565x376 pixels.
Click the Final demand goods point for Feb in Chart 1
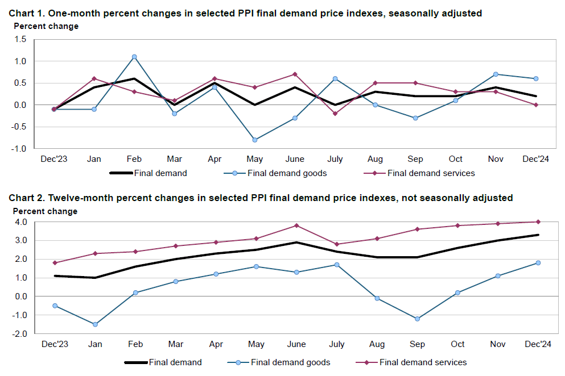(134, 57)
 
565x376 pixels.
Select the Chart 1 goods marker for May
(255, 140)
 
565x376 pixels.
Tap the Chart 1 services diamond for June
(295, 74)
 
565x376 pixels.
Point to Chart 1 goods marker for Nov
(496, 74)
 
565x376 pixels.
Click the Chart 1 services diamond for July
(335, 114)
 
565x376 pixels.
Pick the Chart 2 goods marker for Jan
(95, 324)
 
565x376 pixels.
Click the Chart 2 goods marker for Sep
(417, 319)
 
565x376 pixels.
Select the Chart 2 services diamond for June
(296, 225)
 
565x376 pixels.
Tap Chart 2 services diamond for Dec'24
(538, 222)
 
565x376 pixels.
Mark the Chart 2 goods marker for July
(336, 265)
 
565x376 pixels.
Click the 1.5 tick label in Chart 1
(21, 39)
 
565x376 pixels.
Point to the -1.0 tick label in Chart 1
(20, 149)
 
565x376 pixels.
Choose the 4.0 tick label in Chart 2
(21, 222)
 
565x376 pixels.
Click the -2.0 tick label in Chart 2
(20, 334)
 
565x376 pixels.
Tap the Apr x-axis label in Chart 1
(215, 159)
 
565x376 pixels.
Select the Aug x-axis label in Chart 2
(377, 344)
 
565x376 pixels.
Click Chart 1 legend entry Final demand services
(431, 173)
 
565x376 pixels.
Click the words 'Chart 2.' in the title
(27, 198)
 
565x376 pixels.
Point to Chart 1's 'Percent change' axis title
(46, 26)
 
